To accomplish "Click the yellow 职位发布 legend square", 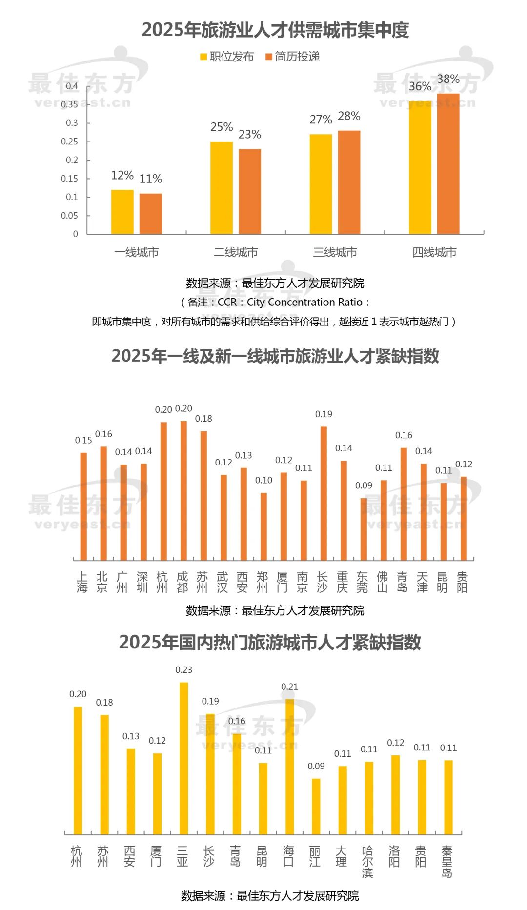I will click(203, 57).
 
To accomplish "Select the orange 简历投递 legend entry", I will click(292, 57).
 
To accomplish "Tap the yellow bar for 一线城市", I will click(122, 212).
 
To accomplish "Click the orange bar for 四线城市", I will click(448, 163).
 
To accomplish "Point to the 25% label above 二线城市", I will click(222, 127).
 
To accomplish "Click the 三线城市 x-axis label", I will click(335, 252).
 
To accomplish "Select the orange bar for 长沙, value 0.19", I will click(324, 493).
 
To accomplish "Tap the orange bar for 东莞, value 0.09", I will click(364, 529).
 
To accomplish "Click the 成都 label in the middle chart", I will click(182, 583).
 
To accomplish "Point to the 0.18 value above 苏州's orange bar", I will click(203, 419).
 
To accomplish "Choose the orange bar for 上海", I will click(83, 506).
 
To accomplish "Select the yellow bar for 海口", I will click(289, 766).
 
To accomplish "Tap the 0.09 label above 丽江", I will click(316, 766).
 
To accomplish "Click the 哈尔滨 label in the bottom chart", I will click(367, 862).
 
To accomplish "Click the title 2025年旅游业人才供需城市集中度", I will click(275, 30).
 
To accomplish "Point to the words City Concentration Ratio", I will click(304, 302).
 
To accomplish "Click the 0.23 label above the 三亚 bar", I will click(184, 670).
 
